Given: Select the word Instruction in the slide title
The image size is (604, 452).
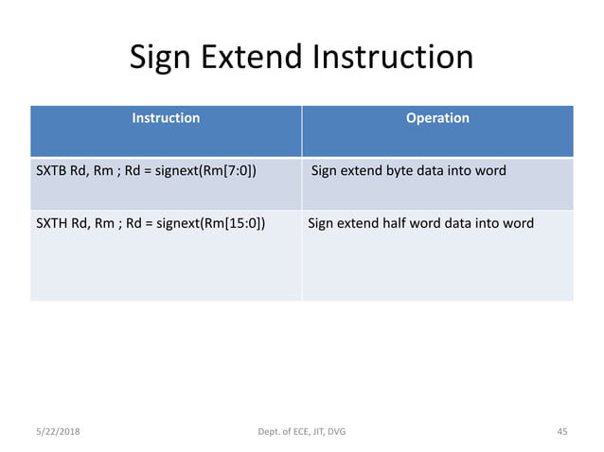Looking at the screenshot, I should pos(390,58).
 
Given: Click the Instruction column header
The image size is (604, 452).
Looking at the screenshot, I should pos(166,118).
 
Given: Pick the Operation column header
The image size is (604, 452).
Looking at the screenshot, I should pos(437,118).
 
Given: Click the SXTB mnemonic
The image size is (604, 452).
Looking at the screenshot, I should pos(51,171).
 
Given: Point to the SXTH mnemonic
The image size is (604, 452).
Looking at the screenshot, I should pos(52,224).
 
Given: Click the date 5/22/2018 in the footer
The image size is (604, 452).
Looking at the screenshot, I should pos(57,432).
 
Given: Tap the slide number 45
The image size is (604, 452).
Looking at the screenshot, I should pos(561,432).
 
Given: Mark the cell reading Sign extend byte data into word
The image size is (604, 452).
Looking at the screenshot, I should pos(409,171).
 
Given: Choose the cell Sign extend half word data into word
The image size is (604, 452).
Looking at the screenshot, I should pos(421,224).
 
